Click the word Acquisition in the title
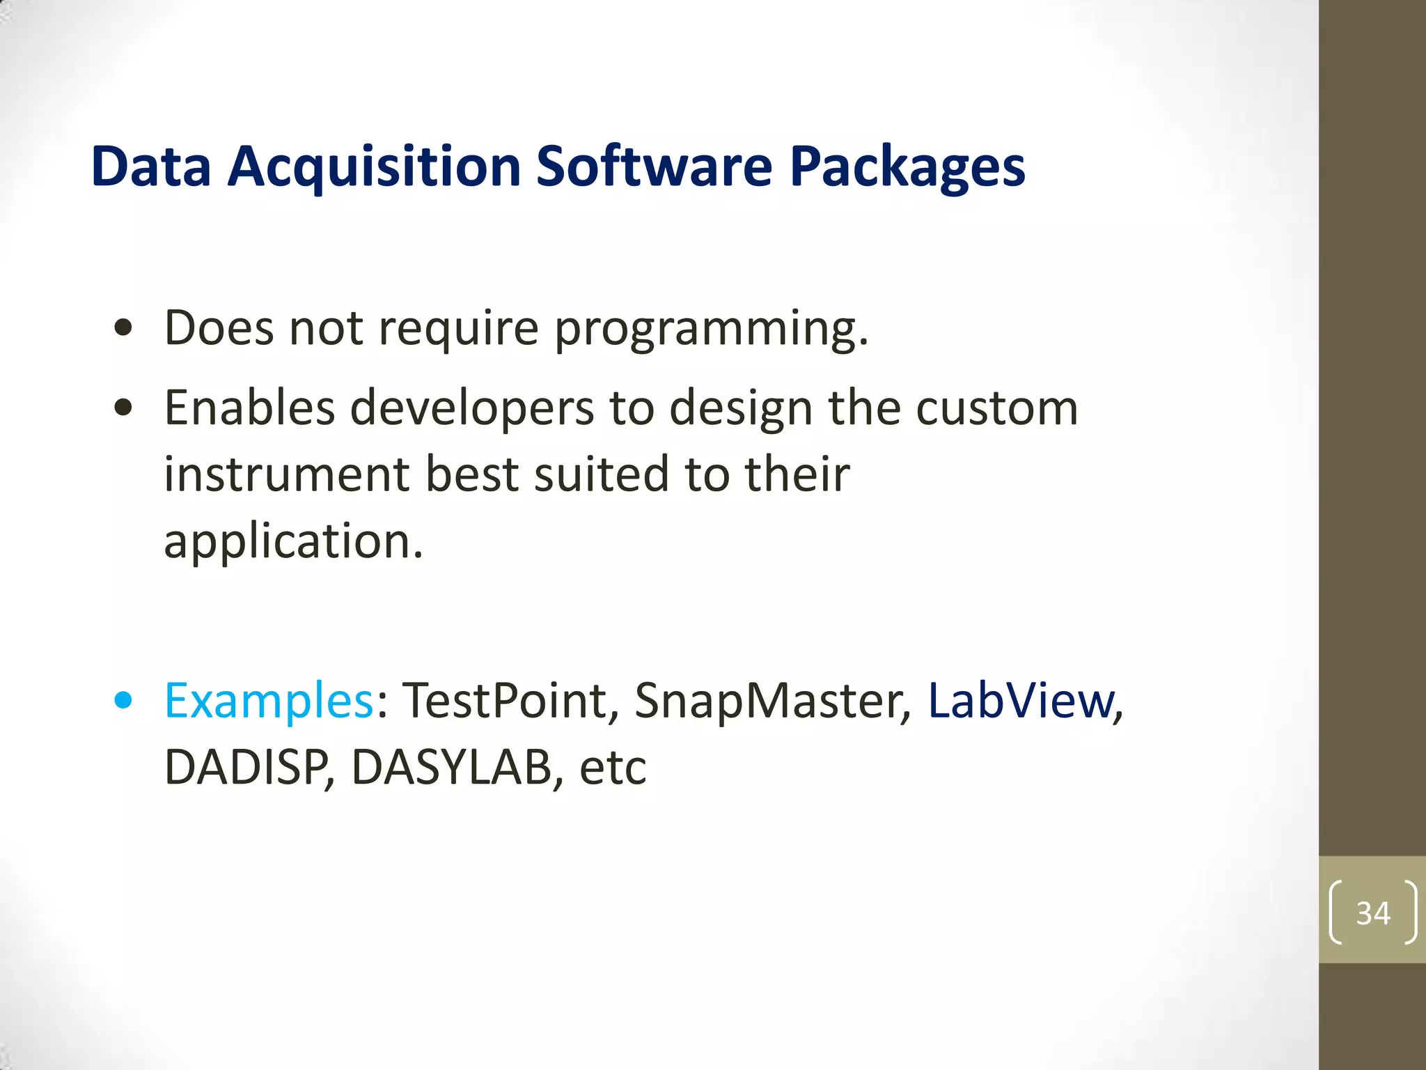point(375,167)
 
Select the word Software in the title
point(654,167)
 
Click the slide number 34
point(1372,913)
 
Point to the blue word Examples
point(269,700)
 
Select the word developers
point(471,408)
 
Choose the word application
point(292,542)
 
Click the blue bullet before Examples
point(123,700)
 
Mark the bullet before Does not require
point(123,328)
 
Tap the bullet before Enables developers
point(123,408)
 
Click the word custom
point(996,408)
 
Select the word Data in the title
point(150,167)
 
